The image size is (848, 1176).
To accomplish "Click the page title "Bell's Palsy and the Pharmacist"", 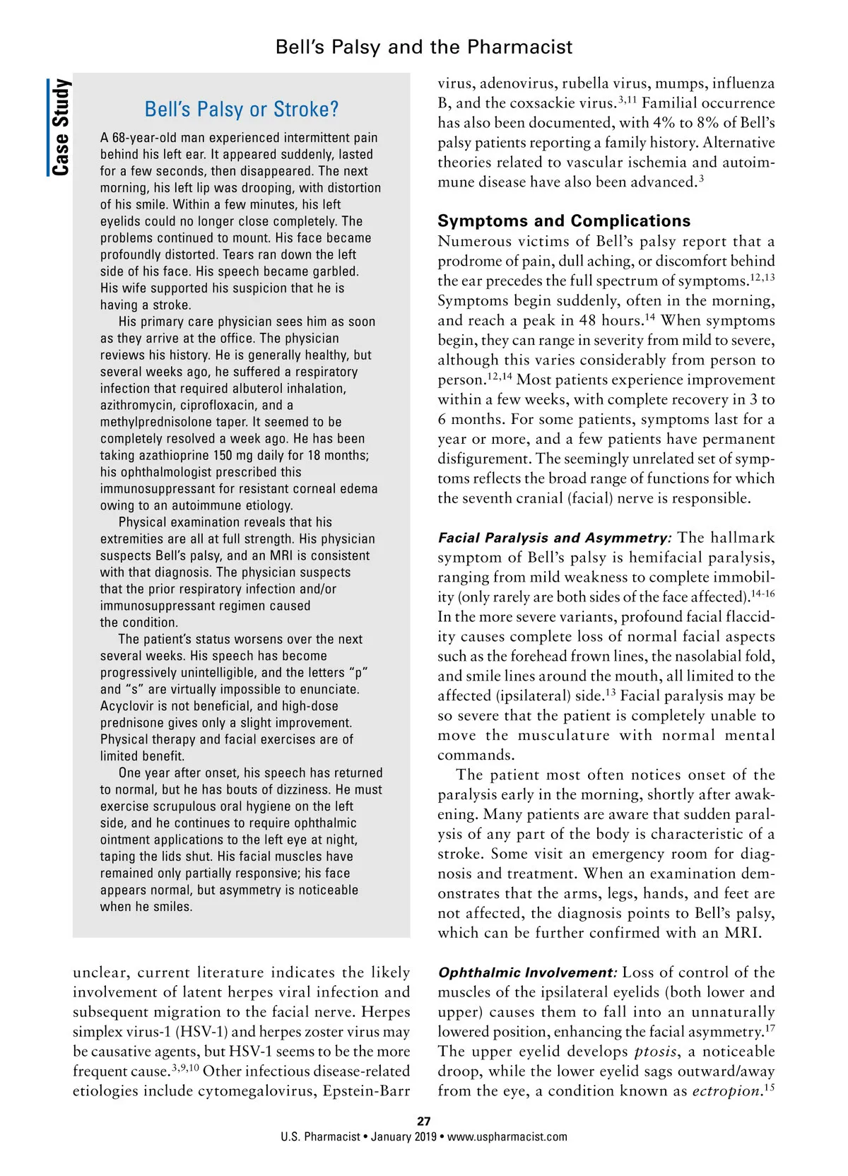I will pyautogui.click(x=424, y=47).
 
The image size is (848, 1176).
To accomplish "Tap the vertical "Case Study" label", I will pyautogui.click(x=61, y=127).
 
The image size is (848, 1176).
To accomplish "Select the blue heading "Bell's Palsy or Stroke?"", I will pyautogui.click(x=241, y=110).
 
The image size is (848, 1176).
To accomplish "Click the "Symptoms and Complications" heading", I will pyautogui.click(x=564, y=220).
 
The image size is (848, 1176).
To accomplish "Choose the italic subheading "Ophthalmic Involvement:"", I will pyautogui.click(x=527, y=972).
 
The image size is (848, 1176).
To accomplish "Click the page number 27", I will pyautogui.click(x=424, y=1121).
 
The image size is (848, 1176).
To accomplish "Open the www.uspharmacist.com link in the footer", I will pyautogui.click(x=507, y=1137).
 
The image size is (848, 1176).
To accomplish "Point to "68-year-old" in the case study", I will pyautogui.click(x=145, y=138).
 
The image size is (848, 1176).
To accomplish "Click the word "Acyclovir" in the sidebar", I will pyautogui.click(x=127, y=706).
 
